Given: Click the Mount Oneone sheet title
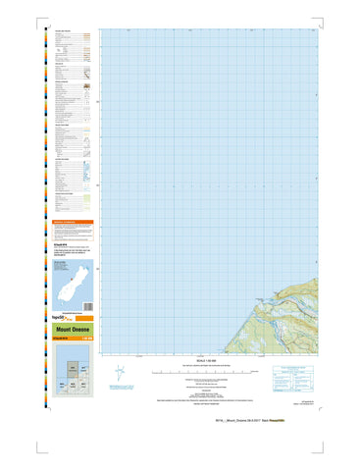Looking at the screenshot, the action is click(x=67, y=331).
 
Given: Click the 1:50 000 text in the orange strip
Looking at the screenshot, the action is click(x=84, y=339).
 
